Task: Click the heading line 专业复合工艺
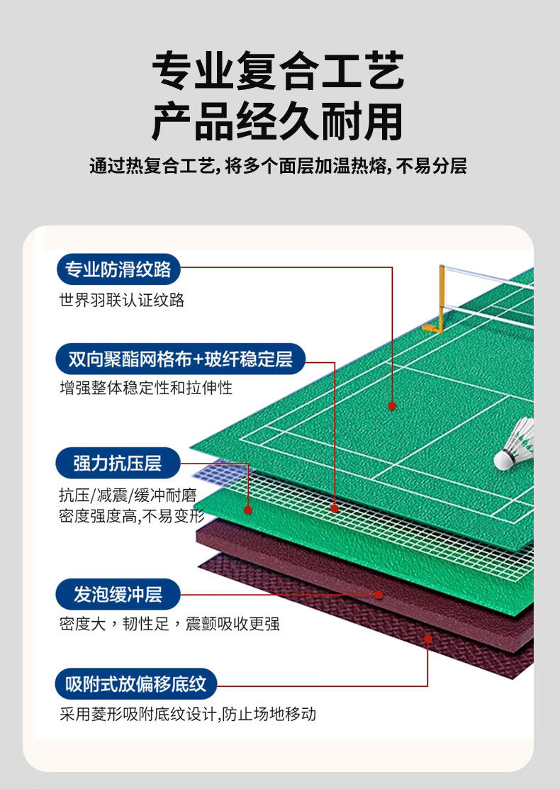point(279,71)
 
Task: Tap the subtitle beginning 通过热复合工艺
point(279,167)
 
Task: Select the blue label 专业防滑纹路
point(118,270)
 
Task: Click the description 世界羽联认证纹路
point(122,301)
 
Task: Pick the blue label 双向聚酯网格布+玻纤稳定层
point(180,359)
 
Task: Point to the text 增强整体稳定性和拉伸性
point(146,388)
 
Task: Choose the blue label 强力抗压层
point(118,464)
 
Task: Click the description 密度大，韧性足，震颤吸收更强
point(169,625)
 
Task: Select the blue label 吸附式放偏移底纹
point(136,685)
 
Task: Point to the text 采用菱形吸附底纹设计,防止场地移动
point(188,715)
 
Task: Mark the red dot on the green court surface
point(392,406)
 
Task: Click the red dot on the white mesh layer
point(335,508)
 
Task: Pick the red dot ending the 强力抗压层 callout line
point(248,510)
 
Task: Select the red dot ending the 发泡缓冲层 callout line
point(379,594)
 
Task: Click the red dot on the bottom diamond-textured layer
point(428,639)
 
